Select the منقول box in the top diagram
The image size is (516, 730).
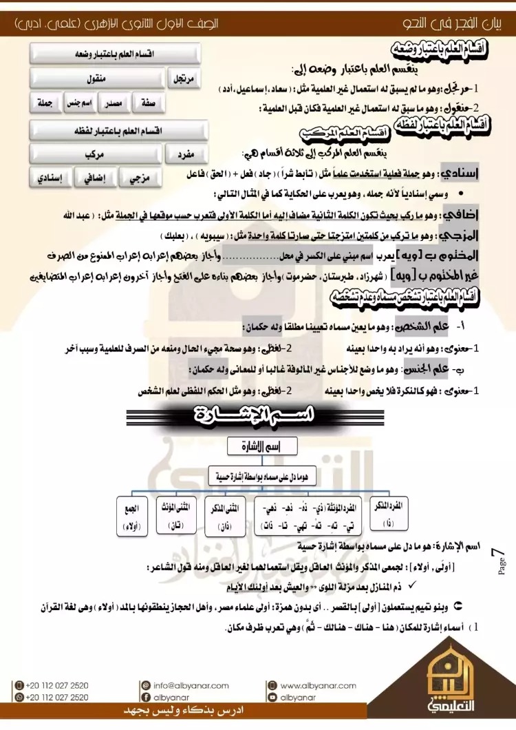pos(97,79)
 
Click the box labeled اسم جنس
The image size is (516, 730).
pos(78,103)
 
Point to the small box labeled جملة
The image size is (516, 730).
pos(44,103)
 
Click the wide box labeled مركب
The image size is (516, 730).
pos(97,154)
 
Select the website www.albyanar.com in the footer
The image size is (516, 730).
pos(318,686)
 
